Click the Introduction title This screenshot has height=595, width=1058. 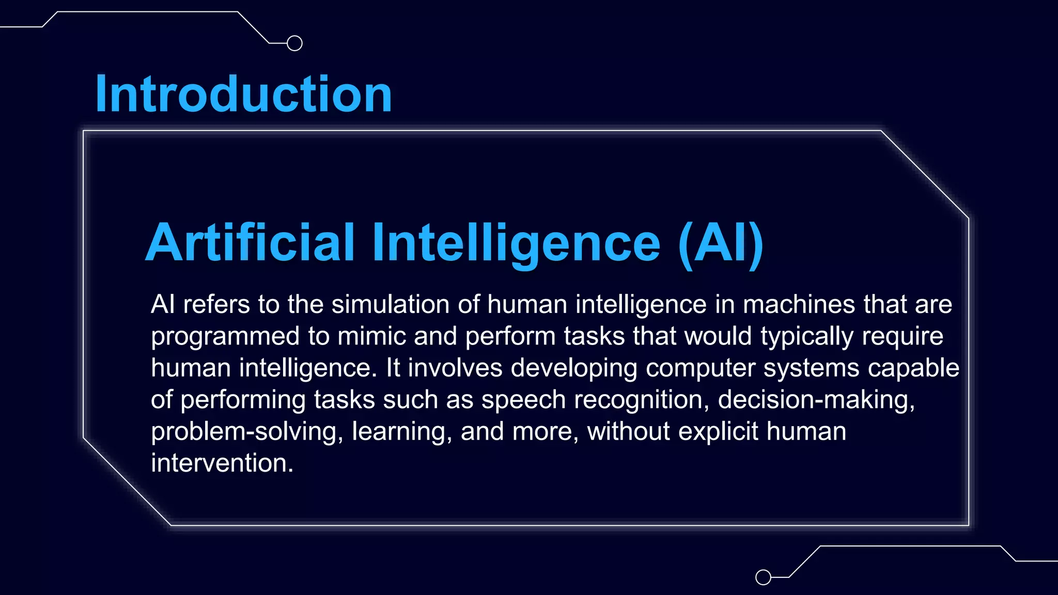pyautogui.click(x=243, y=94)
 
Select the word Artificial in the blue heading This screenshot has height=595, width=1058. pyautogui.click(x=250, y=242)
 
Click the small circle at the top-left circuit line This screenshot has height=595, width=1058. pyautogui.click(x=294, y=43)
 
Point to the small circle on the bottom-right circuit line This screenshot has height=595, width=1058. pyautogui.click(x=763, y=577)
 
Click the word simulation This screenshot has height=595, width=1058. pyautogui.click(x=391, y=304)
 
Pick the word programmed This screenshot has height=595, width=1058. pyautogui.click(x=225, y=337)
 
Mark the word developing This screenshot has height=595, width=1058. pyautogui.click(x=574, y=369)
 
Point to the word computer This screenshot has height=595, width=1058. pyautogui.click(x=700, y=369)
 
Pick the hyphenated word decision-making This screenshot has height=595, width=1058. pyautogui.click(x=816, y=400)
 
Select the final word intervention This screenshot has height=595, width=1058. pyautogui.click(x=222, y=463)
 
